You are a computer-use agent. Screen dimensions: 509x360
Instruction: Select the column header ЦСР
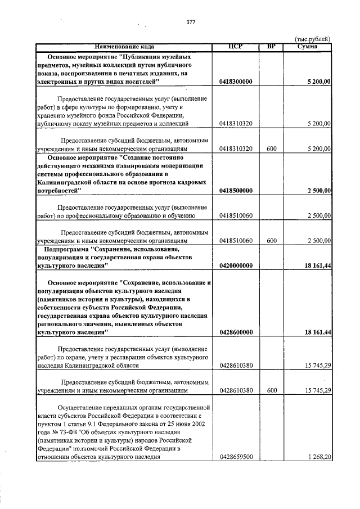pyautogui.click(x=236, y=46)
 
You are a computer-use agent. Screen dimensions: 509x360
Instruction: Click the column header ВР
pyautogui.click(x=272, y=46)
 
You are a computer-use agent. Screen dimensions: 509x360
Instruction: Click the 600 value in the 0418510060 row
pyautogui.click(x=272, y=241)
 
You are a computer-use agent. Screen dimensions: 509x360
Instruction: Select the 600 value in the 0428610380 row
pyautogui.click(x=272, y=390)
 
